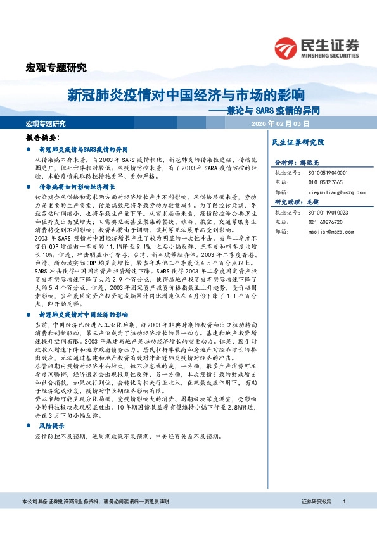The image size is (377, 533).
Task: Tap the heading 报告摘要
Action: (x=42, y=137)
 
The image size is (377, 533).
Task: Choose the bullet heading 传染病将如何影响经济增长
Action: (x=77, y=188)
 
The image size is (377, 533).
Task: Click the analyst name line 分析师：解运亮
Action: (x=295, y=163)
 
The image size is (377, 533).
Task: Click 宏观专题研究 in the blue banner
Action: (x=46, y=123)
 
